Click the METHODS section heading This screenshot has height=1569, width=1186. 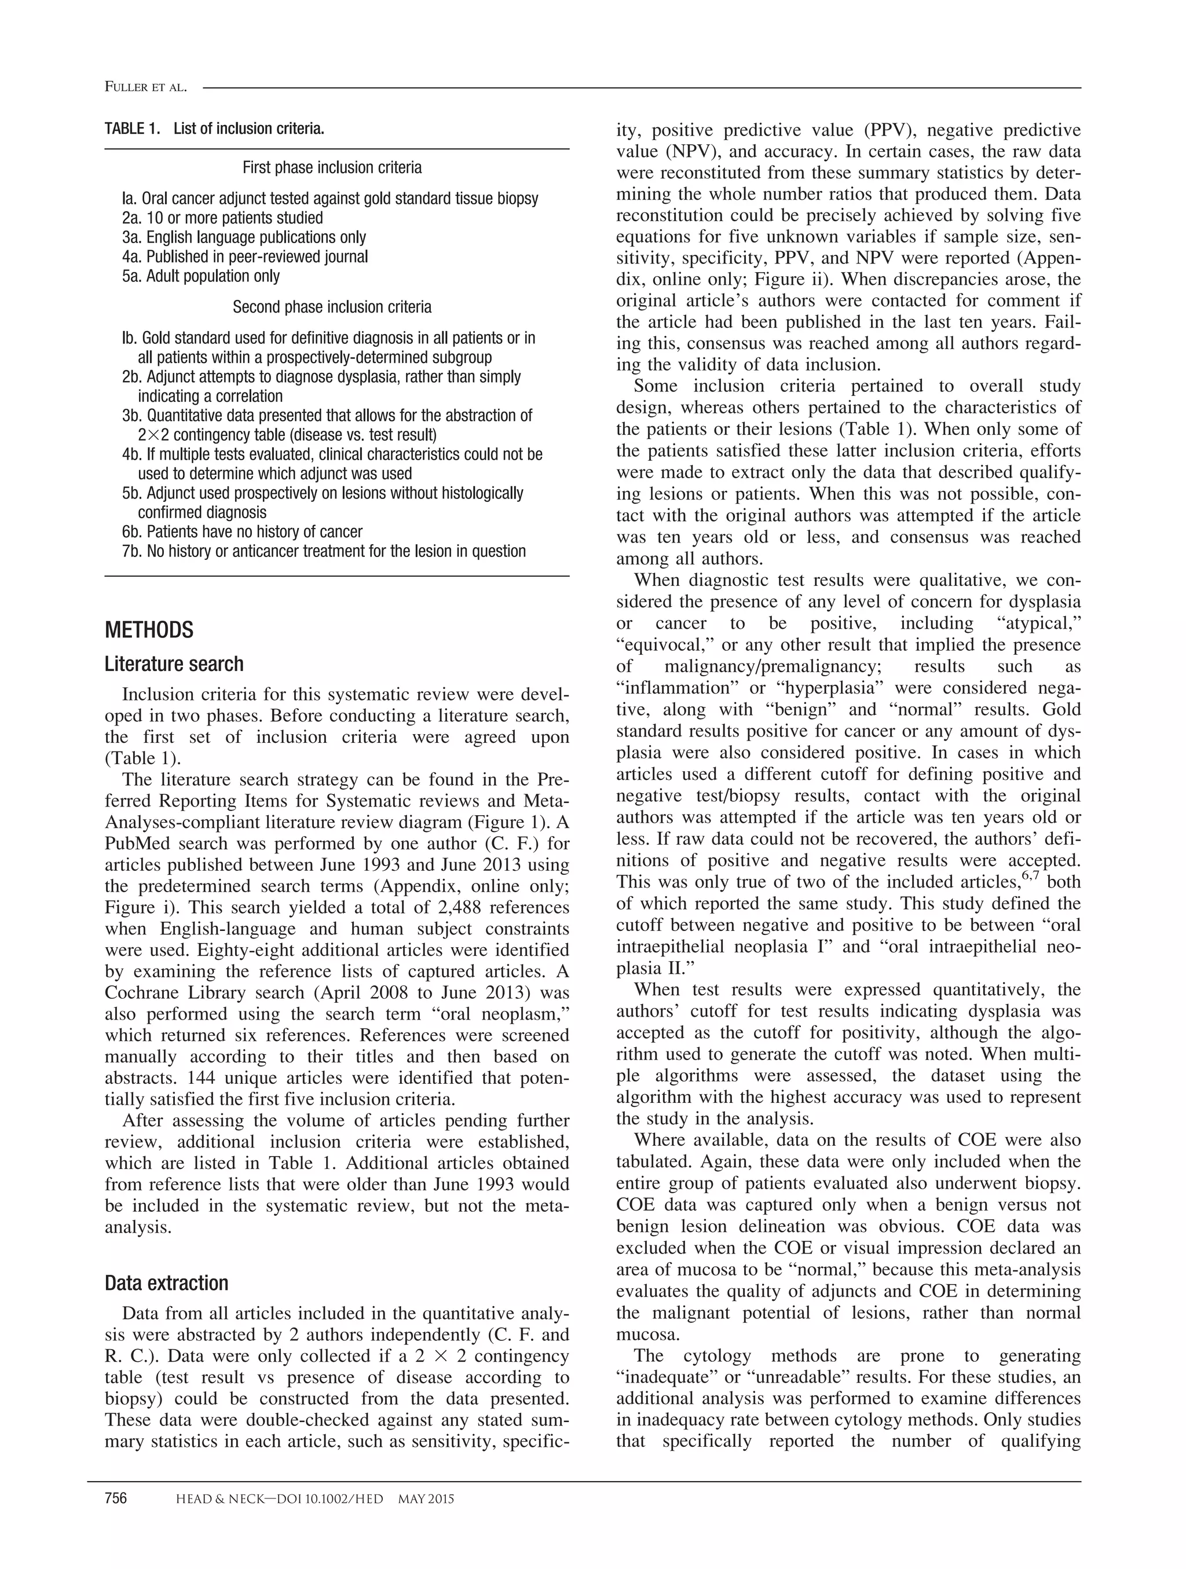point(149,630)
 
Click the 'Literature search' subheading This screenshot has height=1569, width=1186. point(174,664)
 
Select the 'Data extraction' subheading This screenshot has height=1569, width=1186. point(167,1282)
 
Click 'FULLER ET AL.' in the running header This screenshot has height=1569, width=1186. point(145,87)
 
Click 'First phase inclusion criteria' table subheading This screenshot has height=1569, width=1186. point(332,167)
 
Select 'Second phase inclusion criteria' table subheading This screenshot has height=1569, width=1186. point(332,307)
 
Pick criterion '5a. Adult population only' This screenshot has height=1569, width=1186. point(201,276)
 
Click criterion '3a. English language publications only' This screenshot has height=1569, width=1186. point(244,237)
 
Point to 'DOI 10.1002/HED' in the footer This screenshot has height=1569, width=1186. point(334,1499)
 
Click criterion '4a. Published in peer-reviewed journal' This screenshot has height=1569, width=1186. point(245,256)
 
